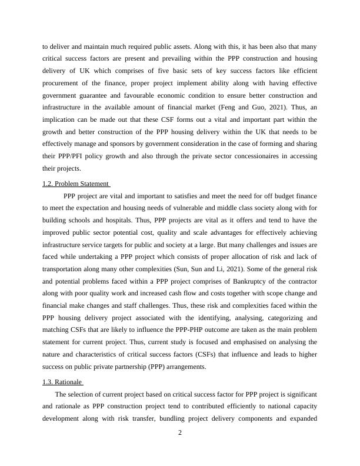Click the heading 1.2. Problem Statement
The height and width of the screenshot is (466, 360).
[x=76, y=184]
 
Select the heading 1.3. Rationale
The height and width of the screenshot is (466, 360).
[x=62, y=382]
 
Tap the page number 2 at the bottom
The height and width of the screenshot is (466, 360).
[x=180, y=434]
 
